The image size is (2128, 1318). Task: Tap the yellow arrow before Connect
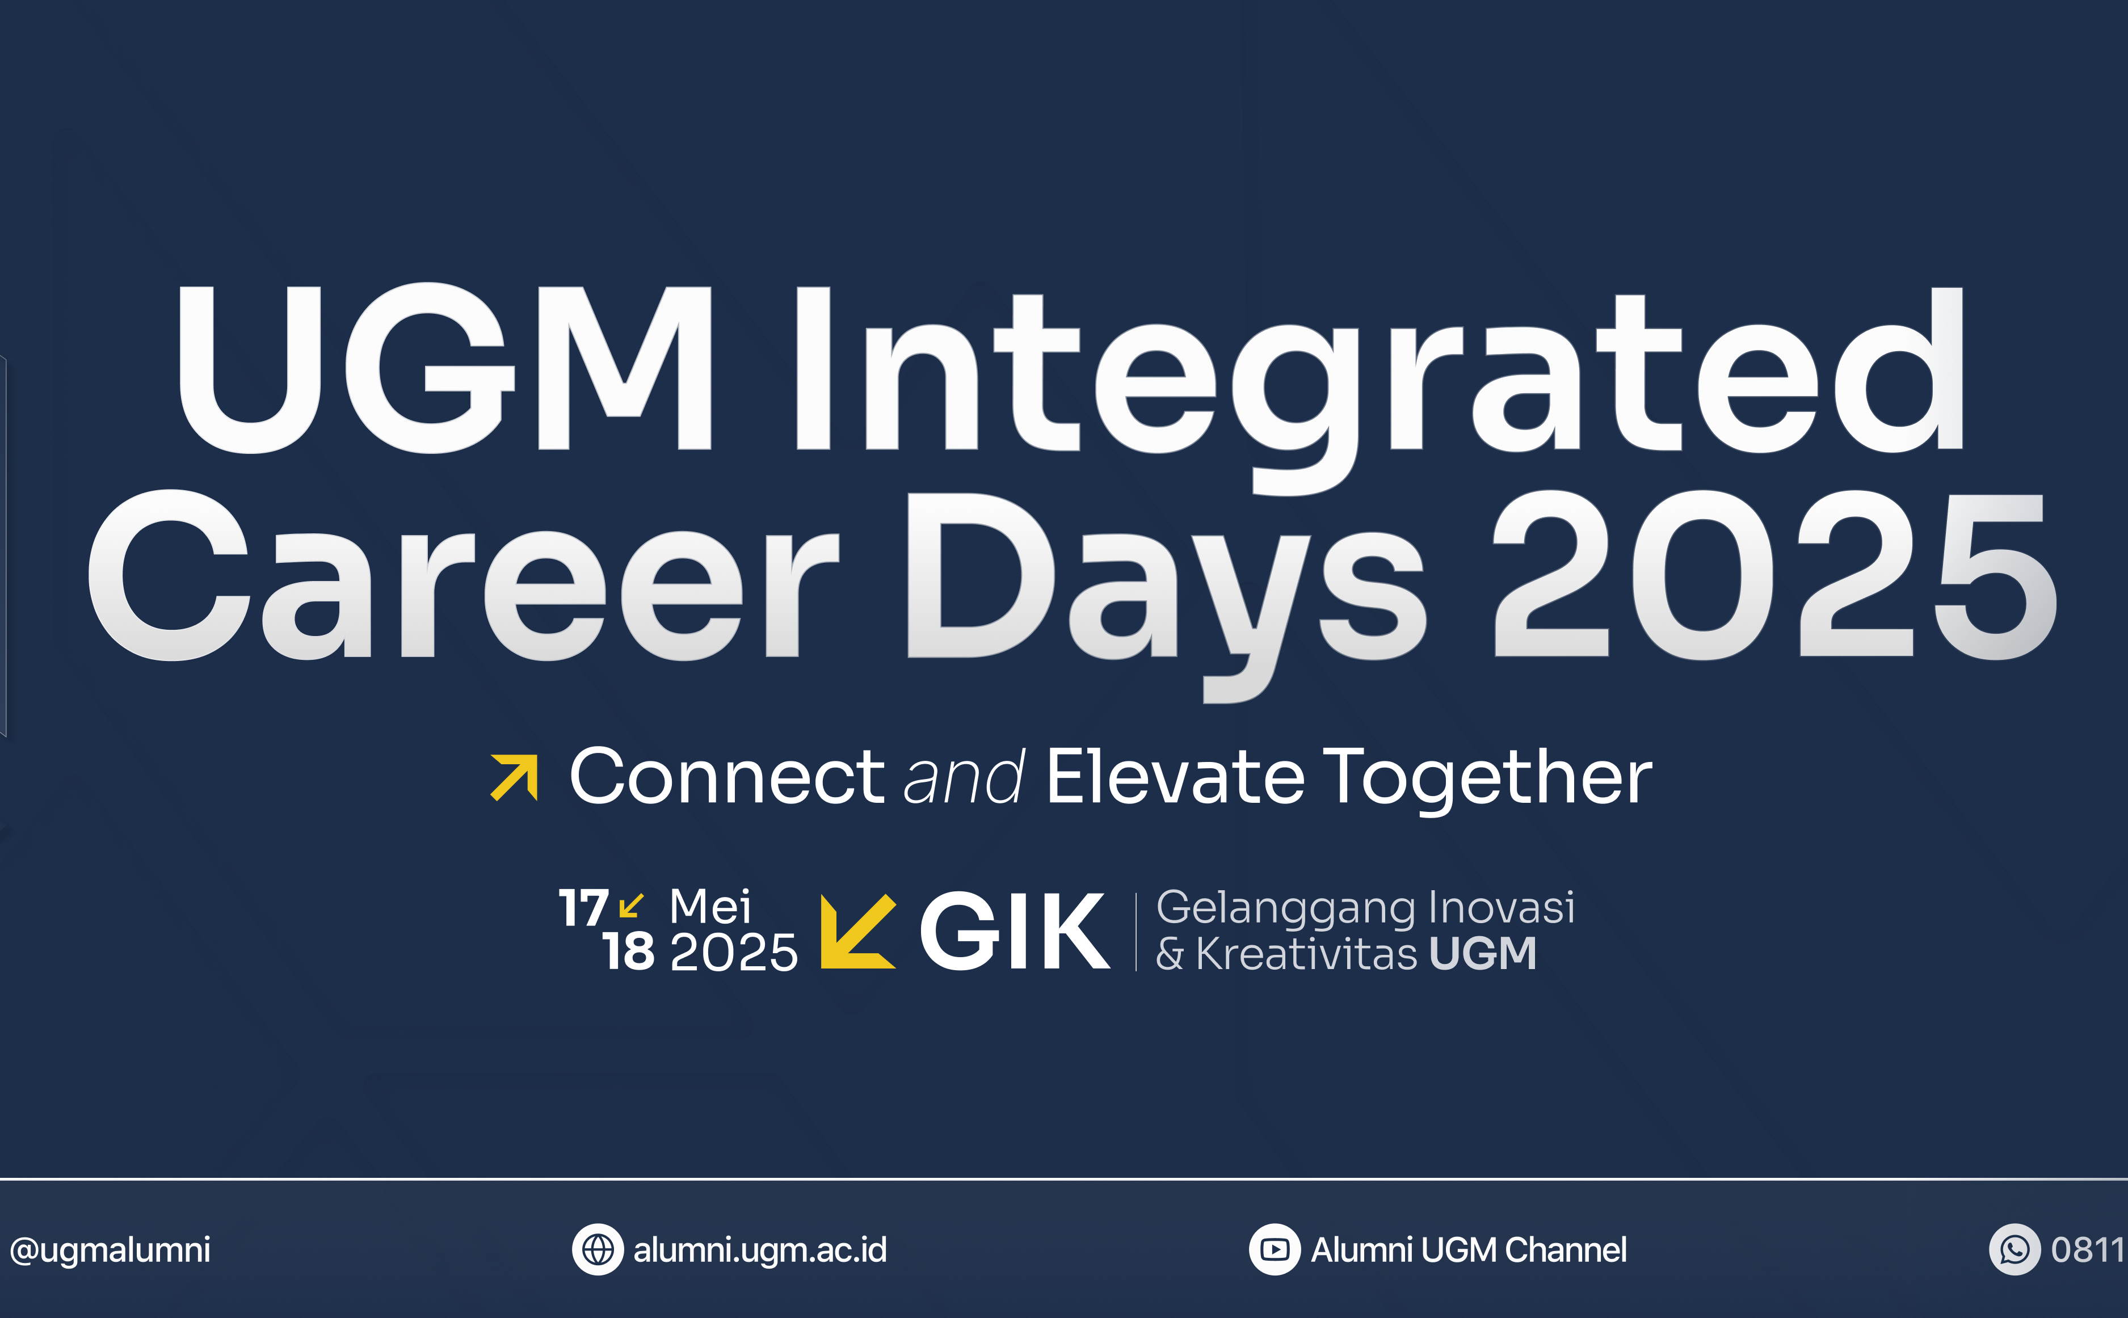514,777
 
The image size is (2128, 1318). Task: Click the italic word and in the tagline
964,777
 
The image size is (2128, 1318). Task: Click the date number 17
583,908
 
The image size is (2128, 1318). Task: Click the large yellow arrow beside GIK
858,931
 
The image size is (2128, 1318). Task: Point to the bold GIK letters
1015,931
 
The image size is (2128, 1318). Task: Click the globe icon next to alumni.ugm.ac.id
598,1249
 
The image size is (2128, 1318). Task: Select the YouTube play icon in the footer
1275,1249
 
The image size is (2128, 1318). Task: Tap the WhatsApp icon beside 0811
2015,1249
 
